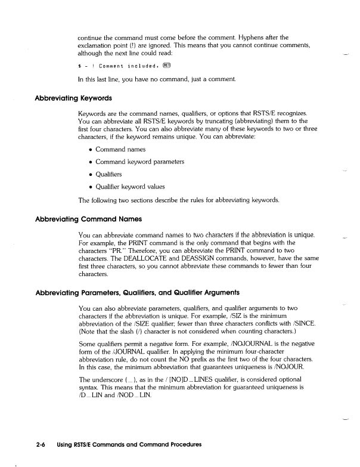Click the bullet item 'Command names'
click(x=120, y=149)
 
